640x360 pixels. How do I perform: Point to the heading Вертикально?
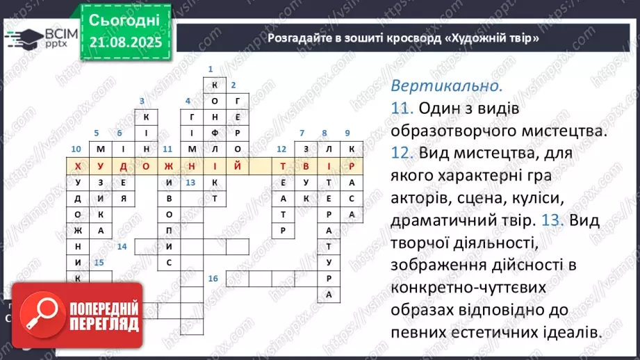(x=445, y=87)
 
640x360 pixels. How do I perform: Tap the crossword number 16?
(x=213, y=279)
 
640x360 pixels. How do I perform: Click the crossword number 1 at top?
(x=210, y=69)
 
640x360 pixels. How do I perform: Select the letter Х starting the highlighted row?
(x=76, y=166)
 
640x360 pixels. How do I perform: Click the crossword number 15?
(x=99, y=263)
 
